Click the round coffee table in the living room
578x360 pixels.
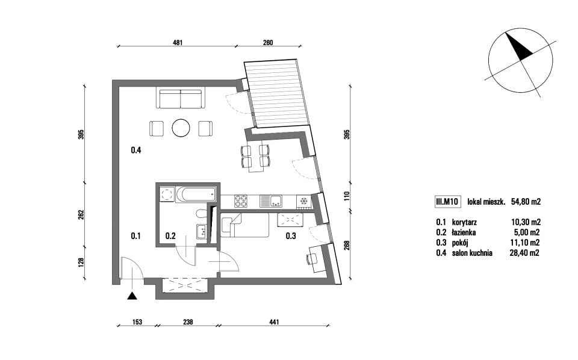(181, 128)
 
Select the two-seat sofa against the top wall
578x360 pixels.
(181, 98)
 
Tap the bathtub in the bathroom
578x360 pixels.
(195, 194)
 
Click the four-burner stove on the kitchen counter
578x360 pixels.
(241, 201)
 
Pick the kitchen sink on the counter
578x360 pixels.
(271, 201)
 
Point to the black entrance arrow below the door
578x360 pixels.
(132, 296)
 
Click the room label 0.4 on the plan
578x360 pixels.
(136, 150)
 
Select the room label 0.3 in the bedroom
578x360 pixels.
(291, 236)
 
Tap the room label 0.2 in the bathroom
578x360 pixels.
(170, 236)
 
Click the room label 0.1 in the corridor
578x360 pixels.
(135, 236)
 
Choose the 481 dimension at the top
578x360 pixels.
(178, 42)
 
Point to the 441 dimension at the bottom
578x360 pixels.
(274, 322)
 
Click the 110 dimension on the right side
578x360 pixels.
(346, 195)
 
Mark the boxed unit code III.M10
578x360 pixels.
(447, 202)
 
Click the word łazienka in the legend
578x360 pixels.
(464, 232)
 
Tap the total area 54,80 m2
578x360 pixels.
(526, 202)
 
